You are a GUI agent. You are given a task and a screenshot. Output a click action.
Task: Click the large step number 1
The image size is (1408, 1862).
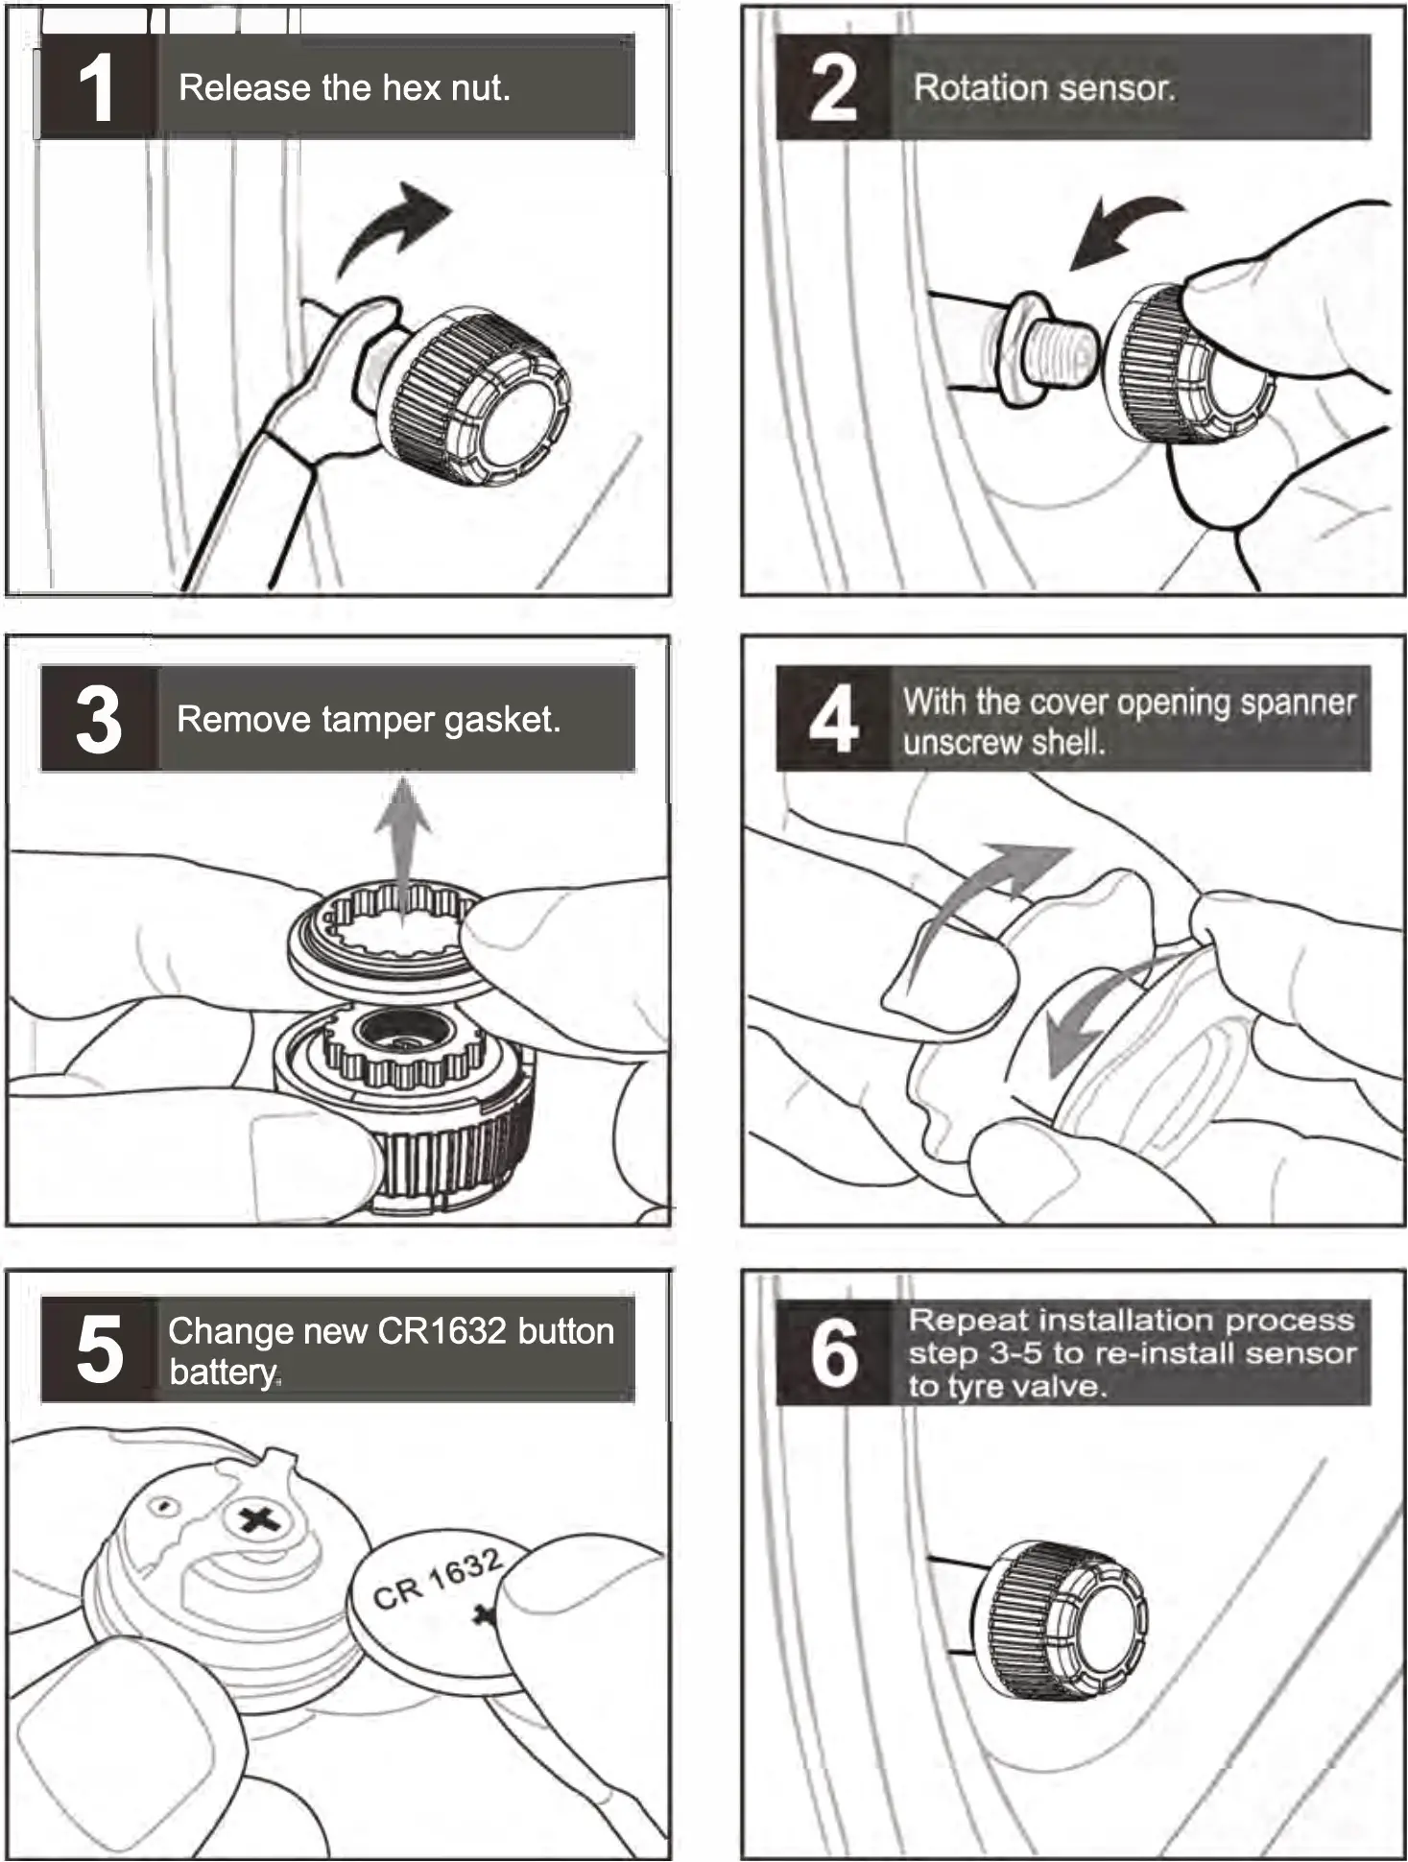[x=96, y=88]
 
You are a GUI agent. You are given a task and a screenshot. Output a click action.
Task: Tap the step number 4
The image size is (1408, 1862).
[x=833, y=720]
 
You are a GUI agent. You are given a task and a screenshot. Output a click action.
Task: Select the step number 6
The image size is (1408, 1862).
[x=833, y=1352]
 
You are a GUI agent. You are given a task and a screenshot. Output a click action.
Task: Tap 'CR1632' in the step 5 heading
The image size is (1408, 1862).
[x=441, y=1332]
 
